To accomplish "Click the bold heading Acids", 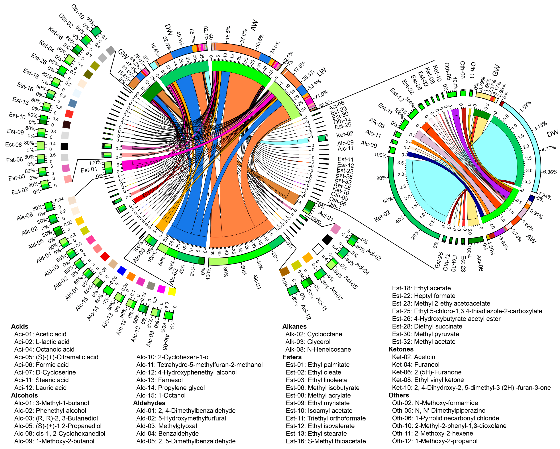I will pos(20,327).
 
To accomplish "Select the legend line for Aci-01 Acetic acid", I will pos(40,334).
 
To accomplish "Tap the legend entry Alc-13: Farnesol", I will pos(160,380).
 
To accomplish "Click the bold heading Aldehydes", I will pos(149,403).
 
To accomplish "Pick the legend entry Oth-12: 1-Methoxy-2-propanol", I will pos(435,441).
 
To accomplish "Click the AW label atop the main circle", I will pos(254,25).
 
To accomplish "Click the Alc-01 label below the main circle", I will pos(257,282).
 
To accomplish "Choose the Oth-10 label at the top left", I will pos(78,12).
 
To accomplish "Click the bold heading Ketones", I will pos(401,349).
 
